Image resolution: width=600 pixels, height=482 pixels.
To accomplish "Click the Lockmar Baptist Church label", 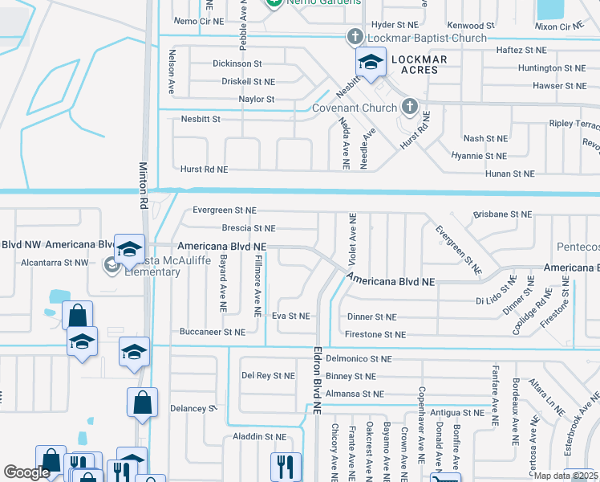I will pyautogui.click(x=428, y=38).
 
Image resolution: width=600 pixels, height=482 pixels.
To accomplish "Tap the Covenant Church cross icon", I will pyautogui.click(x=409, y=107).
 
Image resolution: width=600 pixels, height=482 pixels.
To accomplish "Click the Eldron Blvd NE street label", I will pyautogui.click(x=317, y=379).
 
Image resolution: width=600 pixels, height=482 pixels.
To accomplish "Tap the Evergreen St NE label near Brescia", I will pyautogui.click(x=225, y=210).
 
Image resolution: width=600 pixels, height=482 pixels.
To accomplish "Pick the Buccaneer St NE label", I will pyautogui.click(x=213, y=332).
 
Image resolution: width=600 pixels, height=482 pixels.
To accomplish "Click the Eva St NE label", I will pyautogui.click(x=291, y=317).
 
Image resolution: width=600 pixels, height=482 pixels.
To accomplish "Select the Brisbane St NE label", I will pyautogui.click(x=502, y=214).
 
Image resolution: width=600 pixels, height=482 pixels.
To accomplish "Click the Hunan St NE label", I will pyautogui.click(x=509, y=174).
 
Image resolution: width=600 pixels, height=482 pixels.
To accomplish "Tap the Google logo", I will pyautogui.click(x=27, y=472).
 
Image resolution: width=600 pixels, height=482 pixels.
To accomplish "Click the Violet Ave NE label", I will pyautogui.click(x=351, y=239).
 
